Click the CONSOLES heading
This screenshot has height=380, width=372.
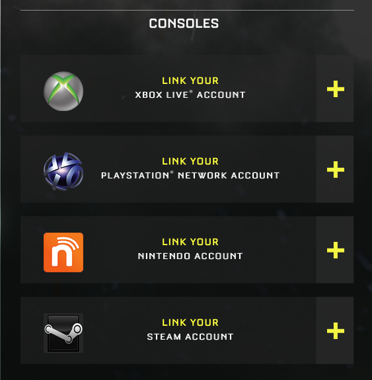(x=184, y=24)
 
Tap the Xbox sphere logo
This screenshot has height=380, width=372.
(x=63, y=91)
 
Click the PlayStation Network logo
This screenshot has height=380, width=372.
(x=63, y=171)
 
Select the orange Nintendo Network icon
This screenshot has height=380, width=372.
(x=63, y=252)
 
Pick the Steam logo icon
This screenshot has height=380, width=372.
(x=63, y=332)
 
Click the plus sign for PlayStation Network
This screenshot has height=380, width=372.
(x=336, y=169)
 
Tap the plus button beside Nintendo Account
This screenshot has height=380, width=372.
(x=336, y=250)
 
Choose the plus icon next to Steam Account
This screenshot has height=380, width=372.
(x=336, y=331)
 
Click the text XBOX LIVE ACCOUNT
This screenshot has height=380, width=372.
(x=190, y=95)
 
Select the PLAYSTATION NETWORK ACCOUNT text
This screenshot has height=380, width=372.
(x=190, y=175)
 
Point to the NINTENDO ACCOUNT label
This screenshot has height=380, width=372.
(x=190, y=256)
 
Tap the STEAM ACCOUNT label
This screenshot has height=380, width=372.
(x=190, y=336)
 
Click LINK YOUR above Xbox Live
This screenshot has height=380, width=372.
(x=190, y=81)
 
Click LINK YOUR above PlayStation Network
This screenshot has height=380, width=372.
(x=190, y=161)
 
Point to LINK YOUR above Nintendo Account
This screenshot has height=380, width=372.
(x=190, y=242)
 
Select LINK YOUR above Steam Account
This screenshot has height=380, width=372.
(x=190, y=323)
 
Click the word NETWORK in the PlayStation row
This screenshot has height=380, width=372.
(x=202, y=175)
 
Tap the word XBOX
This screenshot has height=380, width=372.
(x=149, y=95)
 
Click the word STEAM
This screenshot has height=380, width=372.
(x=164, y=336)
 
